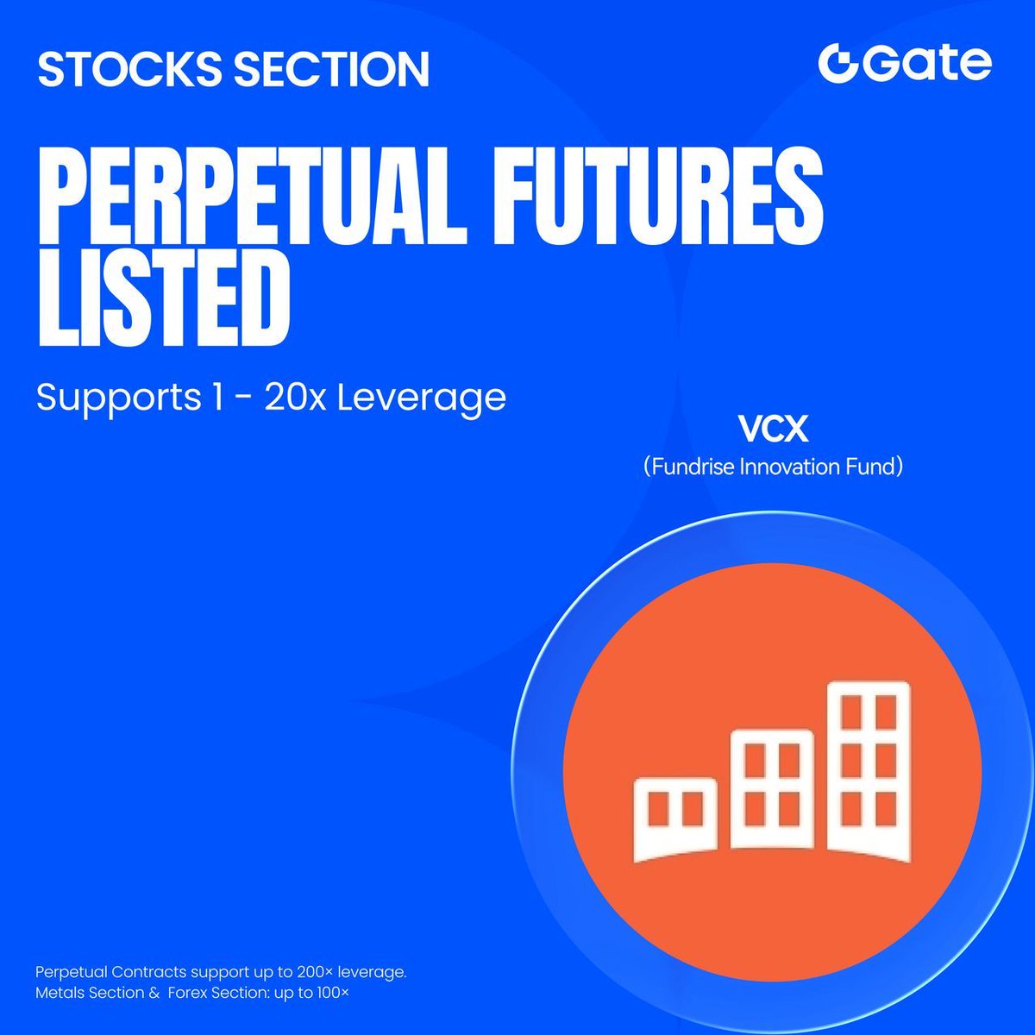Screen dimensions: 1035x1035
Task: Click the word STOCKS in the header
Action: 129,69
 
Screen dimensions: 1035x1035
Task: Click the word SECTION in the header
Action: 331,69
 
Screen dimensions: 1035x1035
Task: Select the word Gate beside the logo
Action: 927,64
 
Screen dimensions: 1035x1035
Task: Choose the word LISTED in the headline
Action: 165,298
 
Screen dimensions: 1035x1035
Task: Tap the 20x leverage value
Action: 295,397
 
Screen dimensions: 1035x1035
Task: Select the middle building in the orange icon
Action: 772,789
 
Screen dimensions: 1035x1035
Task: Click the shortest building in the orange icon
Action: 675,819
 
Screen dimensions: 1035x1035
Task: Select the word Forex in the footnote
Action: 187,993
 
